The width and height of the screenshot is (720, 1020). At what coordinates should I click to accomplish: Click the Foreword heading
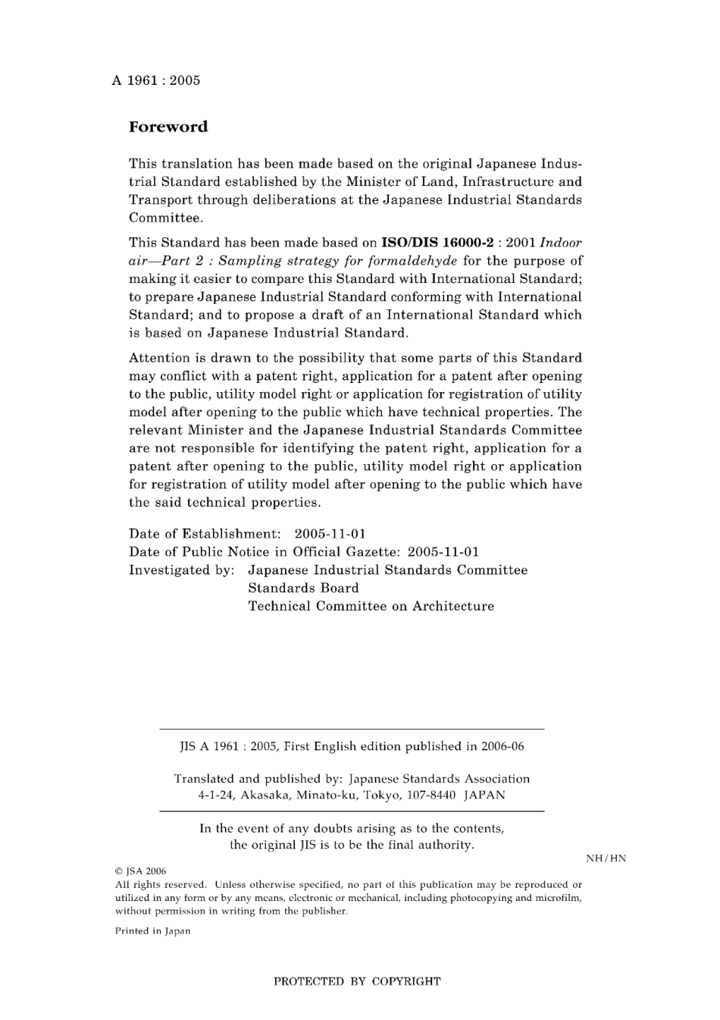point(168,127)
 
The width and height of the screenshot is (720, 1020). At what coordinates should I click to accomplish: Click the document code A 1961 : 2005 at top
point(156,80)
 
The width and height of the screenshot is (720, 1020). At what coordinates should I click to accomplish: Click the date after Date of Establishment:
point(330,534)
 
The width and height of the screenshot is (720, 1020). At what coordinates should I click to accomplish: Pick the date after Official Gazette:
point(443,552)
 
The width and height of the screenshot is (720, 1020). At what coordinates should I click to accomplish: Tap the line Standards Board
point(303,588)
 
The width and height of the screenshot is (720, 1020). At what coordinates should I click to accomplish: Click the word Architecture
point(453,607)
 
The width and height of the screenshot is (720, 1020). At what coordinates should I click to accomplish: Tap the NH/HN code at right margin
point(606,858)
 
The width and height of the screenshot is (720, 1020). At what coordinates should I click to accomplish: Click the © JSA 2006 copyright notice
point(140,871)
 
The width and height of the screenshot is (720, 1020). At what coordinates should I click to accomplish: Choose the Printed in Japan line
point(152,931)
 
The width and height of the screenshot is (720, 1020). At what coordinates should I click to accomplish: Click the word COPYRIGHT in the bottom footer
point(406,981)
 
